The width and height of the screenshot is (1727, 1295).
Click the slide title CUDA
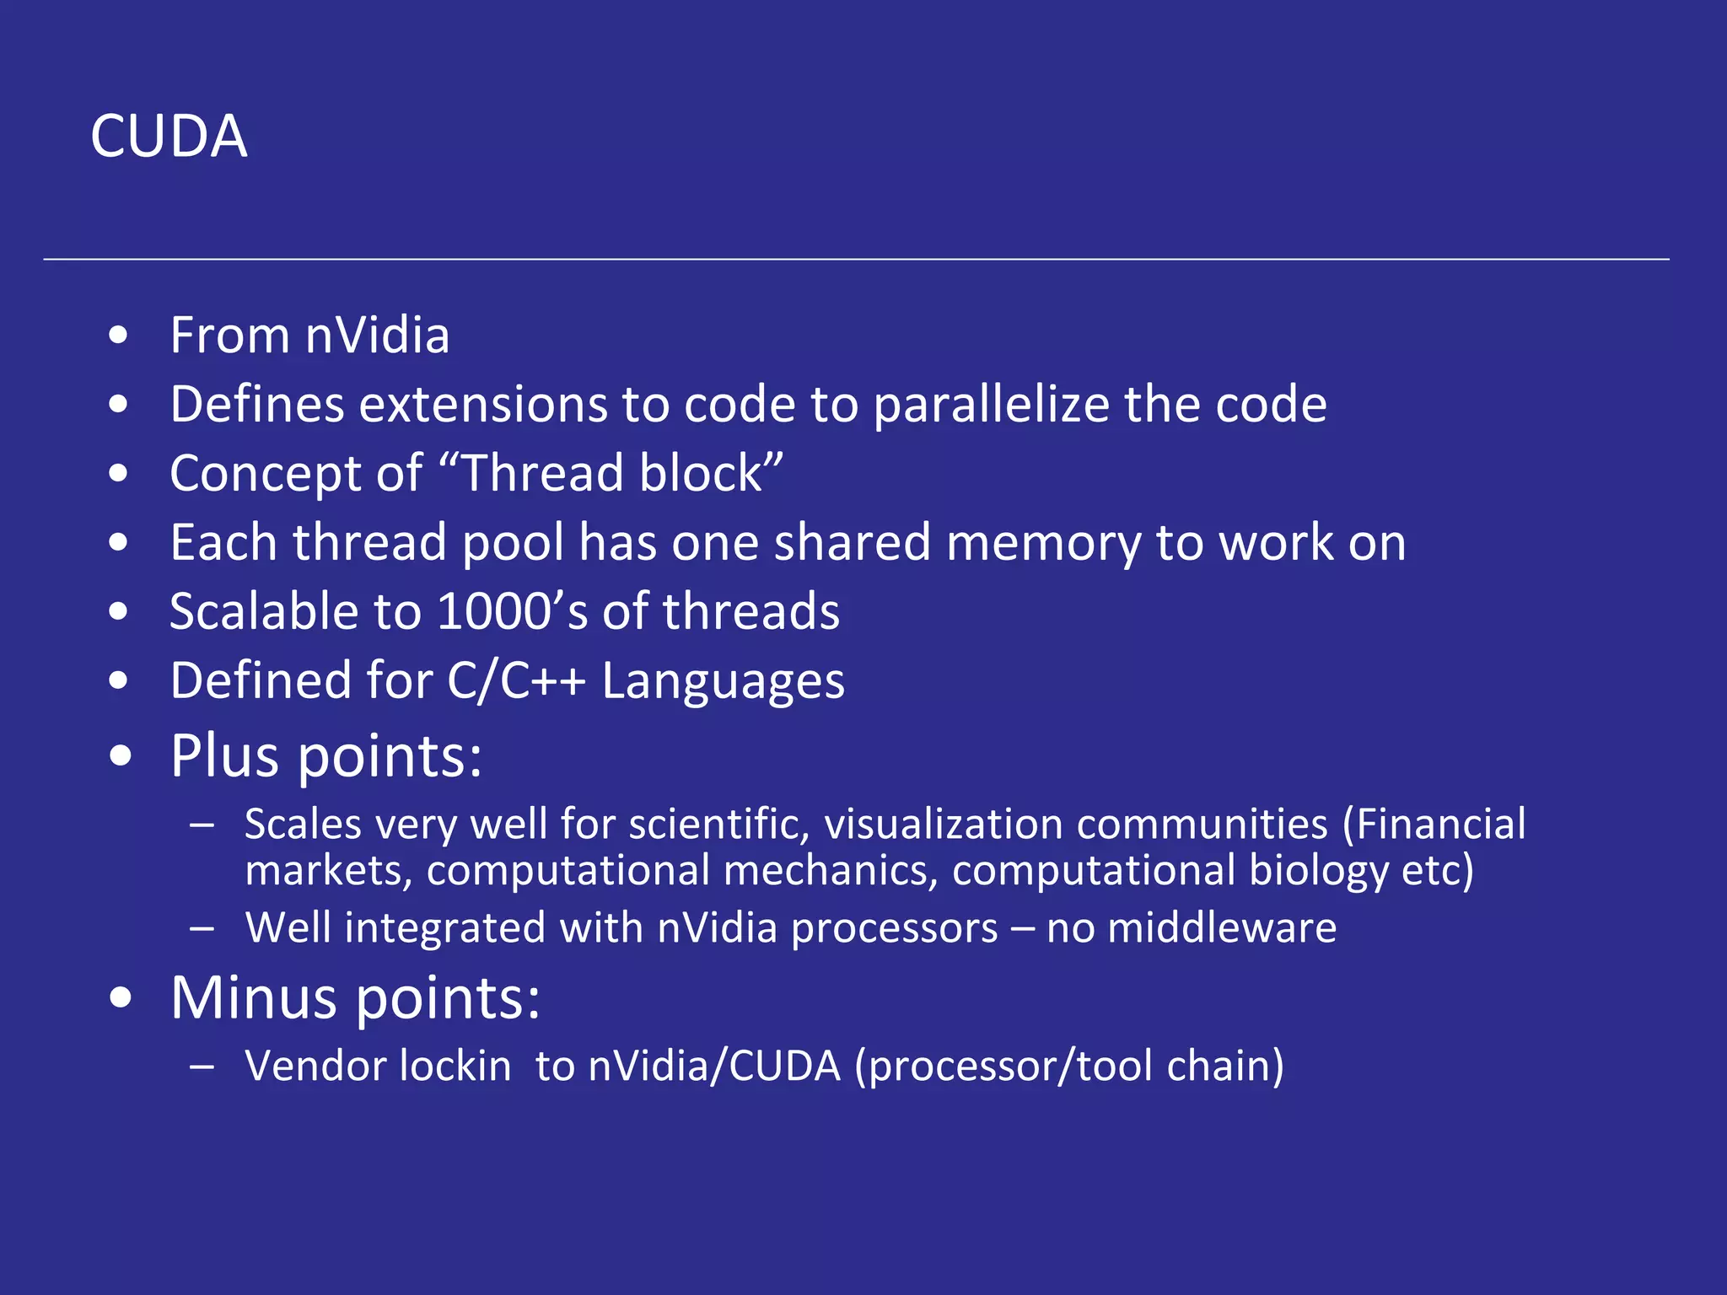tap(169, 137)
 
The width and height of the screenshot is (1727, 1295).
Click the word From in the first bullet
tap(229, 336)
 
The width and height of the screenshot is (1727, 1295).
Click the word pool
tap(513, 543)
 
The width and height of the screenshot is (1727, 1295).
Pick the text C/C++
tap(516, 680)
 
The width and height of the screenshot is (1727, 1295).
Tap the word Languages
tap(723, 682)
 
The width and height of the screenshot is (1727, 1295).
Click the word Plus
tap(225, 755)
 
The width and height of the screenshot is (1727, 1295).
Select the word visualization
tap(944, 825)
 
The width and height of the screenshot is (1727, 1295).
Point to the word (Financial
tap(1434, 825)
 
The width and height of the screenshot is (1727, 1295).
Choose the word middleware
tap(1221, 928)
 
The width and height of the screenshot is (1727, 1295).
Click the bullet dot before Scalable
tap(119, 611)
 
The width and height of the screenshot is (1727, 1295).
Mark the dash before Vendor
tap(202, 1067)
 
